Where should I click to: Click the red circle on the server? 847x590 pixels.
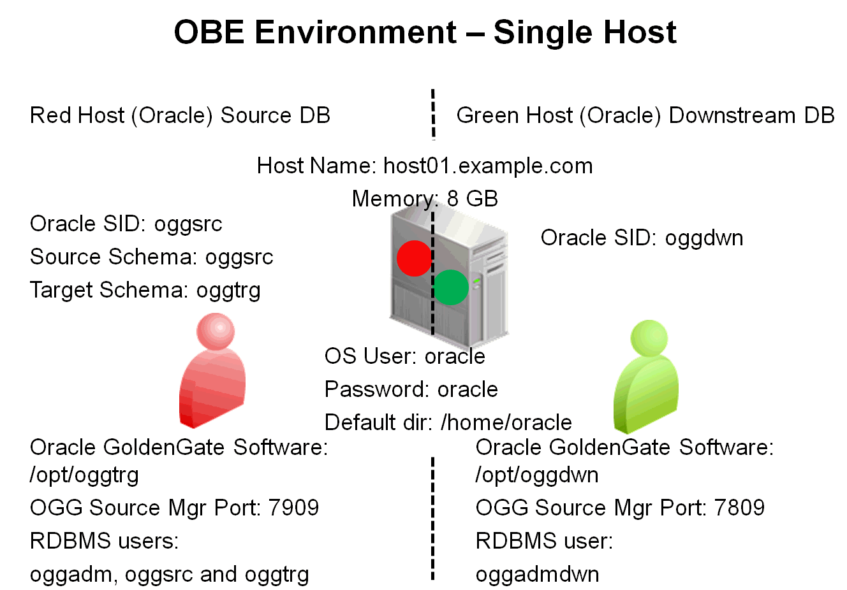tap(414, 258)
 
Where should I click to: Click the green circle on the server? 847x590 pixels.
tap(451, 287)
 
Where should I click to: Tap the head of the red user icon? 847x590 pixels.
tap(216, 331)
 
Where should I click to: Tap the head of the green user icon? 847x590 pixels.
tap(649, 338)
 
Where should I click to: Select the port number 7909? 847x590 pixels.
tap(293, 507)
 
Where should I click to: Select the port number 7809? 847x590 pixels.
tap(739, 507)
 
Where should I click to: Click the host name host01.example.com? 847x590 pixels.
tap(488, 166)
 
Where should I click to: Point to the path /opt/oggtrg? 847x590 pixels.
tap(84, 475)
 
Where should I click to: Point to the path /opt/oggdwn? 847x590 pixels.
tap(537, 475)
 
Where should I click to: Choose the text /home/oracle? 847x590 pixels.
tap(506, 422)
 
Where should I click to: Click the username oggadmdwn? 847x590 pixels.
tap(537, 575)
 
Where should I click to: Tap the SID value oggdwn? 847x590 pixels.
tap(704, 238)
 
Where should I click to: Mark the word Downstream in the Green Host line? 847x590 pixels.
tap(732, 115)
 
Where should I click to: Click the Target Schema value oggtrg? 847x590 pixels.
tap(228, 291)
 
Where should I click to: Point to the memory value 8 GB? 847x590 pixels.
tap(472, 199)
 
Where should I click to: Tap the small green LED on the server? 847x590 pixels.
tap(476, 281)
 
